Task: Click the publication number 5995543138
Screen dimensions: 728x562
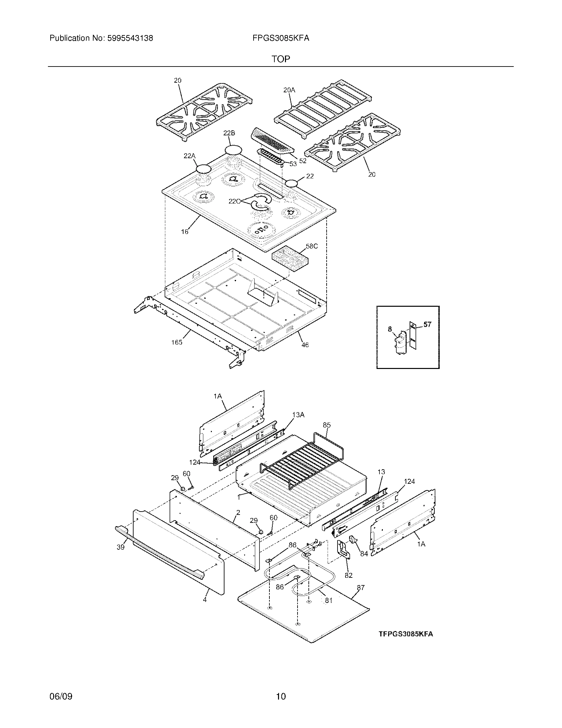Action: click(x=130, y=38)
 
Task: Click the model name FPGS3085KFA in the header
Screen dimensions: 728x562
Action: click(x=281, y=38)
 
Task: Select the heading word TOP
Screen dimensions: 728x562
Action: click(x=281, y=59)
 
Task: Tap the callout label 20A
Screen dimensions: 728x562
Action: click(x=289, y=90)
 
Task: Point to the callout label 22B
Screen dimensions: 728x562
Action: click(x=229, y=133)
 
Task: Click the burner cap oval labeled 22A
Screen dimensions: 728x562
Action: click(x=204, y=169)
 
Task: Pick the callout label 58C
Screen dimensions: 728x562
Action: click(x=312, y=246)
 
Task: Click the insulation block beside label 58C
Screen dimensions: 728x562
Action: click(x=289, y=259)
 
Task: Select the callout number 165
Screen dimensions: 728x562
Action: click(x=177, y=342)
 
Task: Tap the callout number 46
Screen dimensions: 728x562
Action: click(x=305, y=345)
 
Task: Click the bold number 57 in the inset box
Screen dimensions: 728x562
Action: click(x=427, y=324)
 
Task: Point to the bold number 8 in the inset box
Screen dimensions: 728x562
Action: click(x=390, y=329)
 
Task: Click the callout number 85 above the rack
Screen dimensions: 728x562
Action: click(x=327, y=425)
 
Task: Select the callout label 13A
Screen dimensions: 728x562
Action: click(x=298, y=415)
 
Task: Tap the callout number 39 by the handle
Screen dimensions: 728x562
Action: click(x=121, y=547)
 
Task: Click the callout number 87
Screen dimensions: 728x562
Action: click(x=361, y=588)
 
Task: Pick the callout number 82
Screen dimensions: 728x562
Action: click(x=348, y=575)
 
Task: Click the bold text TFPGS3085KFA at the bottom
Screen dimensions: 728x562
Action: click(x=406, y=634)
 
